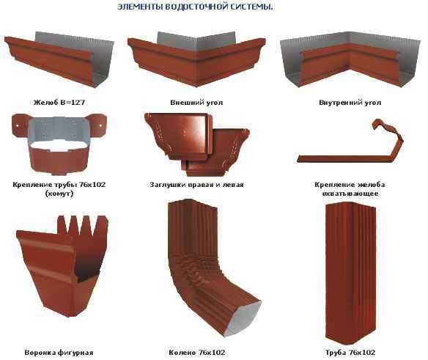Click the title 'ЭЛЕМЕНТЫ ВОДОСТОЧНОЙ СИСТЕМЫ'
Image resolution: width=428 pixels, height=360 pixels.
coord(195,7)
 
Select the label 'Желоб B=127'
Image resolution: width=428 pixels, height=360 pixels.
coord(59,103)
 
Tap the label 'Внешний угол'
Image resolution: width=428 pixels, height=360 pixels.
coord(196,103)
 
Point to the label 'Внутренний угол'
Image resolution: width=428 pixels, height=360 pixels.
coord(350,103)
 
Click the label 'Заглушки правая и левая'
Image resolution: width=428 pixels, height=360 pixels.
coord(196,185)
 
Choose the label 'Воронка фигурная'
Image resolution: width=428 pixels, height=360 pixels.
coord(59,353)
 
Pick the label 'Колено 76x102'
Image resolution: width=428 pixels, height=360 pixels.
coord(197,353)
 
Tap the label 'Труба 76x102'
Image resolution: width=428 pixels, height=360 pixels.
coord(350,353)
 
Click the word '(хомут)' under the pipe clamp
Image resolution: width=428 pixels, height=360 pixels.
coord(59,194)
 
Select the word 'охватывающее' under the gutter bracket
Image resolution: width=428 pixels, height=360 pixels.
coord(350,194)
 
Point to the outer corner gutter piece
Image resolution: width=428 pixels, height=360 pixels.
coord(196,59)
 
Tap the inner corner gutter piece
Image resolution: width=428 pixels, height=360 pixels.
coord(350,59)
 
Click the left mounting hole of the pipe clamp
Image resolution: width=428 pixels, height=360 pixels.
coord(17,125)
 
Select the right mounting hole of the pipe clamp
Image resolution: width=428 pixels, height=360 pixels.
coord(101,125)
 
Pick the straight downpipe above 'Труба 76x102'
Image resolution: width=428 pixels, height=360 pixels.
coord(350,274)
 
